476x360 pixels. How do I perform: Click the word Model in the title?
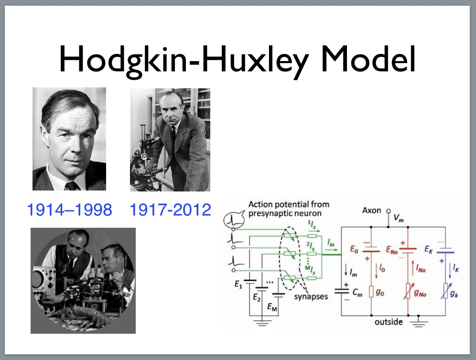click(368, 59)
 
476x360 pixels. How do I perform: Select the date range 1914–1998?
click(69, 210)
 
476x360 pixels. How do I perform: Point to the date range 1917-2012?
click(170, 210)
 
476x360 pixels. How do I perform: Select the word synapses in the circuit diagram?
click(311, 296)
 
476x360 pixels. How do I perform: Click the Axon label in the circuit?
click(371, 210)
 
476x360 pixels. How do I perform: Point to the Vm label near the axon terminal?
click(399, 218)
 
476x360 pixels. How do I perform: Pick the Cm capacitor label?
click(357, 293)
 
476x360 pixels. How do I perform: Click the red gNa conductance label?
click(420, 293)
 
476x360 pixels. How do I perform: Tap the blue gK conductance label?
click(454, 293)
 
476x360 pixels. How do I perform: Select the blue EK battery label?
click(428, 249)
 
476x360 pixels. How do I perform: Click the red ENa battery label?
click(391, 250)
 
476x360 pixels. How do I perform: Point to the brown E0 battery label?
click(354, 249)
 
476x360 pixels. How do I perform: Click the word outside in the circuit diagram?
click(389, 322)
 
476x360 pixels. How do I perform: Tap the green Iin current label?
click(331, 243)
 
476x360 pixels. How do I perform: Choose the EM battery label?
click(272, 307)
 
